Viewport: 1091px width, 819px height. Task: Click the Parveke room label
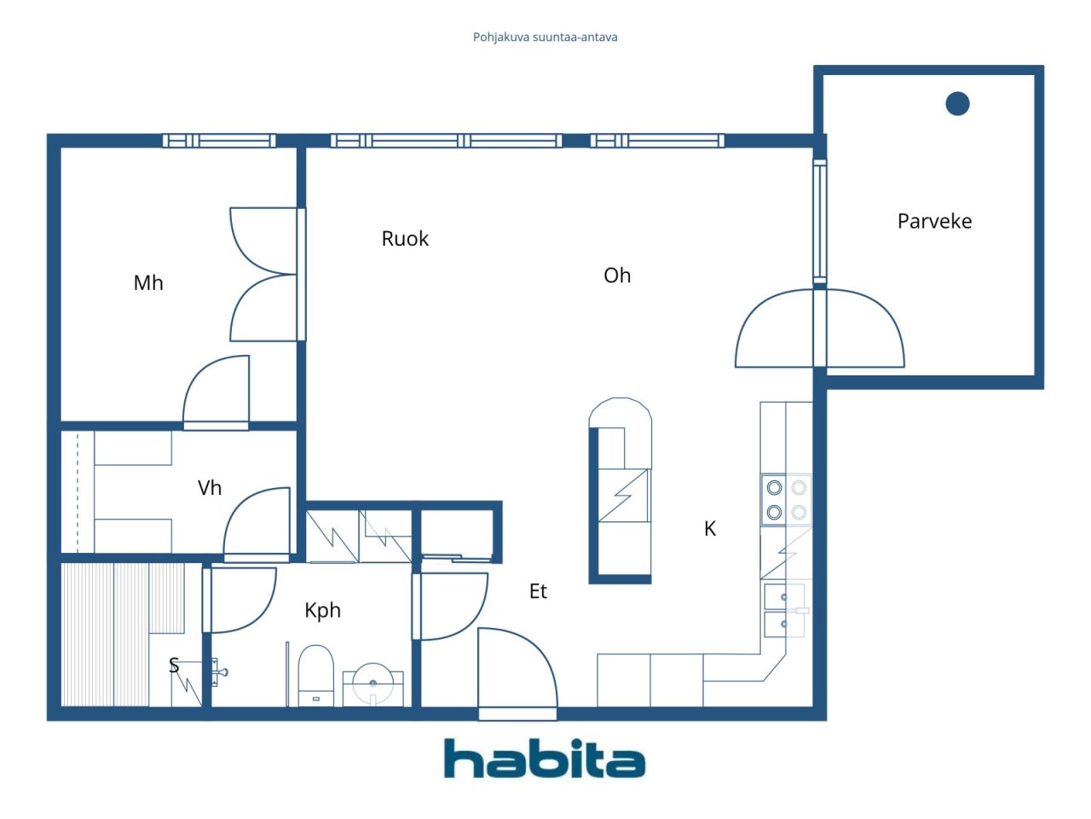pyautogui.click(x=934, y=221)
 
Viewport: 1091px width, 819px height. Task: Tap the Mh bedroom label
pyautogui.click(x=148, y=283)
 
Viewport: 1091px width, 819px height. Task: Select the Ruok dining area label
pyautogui.click(x=405, y=239)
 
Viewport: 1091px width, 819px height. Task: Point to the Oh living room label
pyautogui.click(x=617, y=276)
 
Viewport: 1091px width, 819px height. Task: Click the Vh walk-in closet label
pyautogui.click(x=210, y=488)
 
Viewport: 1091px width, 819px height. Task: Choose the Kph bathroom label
pyautogui.click(x=322, y=611)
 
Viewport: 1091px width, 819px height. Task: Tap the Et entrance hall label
pyautogui.click(x=538, y=591)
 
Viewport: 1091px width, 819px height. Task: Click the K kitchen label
pyautogui.click(x=710, y=529)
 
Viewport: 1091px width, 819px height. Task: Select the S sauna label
pyautogui.click(x=174, y=665)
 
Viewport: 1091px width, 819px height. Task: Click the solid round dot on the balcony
pyautogui.click(x=957, y=104)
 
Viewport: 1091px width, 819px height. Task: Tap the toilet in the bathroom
pyautogui.click(x=315, y=676)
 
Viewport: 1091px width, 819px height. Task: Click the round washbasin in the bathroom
pyautogui.click(x=372, y=683)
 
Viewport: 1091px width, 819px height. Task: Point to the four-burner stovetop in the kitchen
pyautogui.click(x=786, y=500)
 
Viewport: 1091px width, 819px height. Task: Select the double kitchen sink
pyautogui.click(x=784, y=611)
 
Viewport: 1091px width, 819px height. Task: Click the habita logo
pyautogui.click(x=545, y=758)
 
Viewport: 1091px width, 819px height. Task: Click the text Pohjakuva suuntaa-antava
pyautogui.click(x=545, y=38)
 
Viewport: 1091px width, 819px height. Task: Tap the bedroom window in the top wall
pyautogui.click(x=219, y=141)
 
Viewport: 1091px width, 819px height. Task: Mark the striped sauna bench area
pyautogui.click(x=123, y=634)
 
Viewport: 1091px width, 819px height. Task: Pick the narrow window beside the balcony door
pyautogui.click(x=820, y=222)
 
